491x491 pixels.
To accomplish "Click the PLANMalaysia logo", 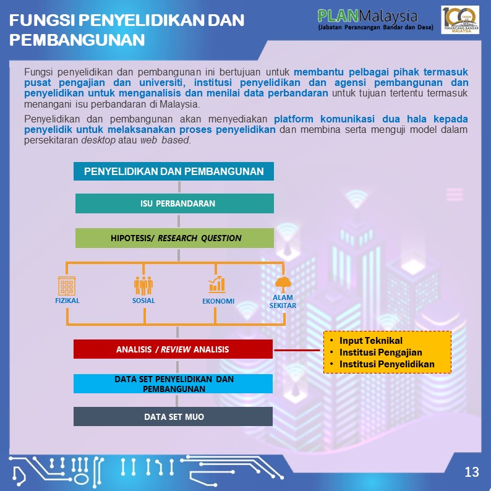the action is click(x=375, y=19).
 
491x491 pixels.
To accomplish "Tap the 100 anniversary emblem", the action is click(x=460, y=20).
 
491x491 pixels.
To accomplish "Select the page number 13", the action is click(x=472, y=472).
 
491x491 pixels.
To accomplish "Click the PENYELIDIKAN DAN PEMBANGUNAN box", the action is click(x=174, y=171).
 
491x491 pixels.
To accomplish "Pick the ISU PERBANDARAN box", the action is click(x=174, y=203).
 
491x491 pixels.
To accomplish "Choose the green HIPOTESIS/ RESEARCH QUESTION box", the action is click(x=174, y=238).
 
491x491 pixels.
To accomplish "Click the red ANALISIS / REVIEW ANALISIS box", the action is click(x=173, y=349).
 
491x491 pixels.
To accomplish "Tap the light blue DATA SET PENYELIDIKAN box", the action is click(x=173, y=383).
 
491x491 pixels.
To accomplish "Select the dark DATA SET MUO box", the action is click(x=173, y=416).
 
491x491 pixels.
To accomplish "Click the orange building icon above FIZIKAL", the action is click(x=67, y=286).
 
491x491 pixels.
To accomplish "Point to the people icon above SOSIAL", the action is click(x=143, y=286).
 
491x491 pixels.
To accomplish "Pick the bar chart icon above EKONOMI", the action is click(x=217, y=284).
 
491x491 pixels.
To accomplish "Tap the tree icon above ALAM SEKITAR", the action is click(x=283, y=284).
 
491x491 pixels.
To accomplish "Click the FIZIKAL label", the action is click(x=67, y=301).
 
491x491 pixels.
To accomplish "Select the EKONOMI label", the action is click(x=218, y=301).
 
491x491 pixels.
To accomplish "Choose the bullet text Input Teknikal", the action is click(x=371, y=341).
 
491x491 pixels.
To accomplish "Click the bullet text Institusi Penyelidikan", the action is click(x=387, y=364).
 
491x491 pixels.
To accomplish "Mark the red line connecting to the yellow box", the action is click(x=297, y=350).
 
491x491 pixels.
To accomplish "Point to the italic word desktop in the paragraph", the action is click(x=98, y=140).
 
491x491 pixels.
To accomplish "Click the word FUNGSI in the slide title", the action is click(x=42, y=20).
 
